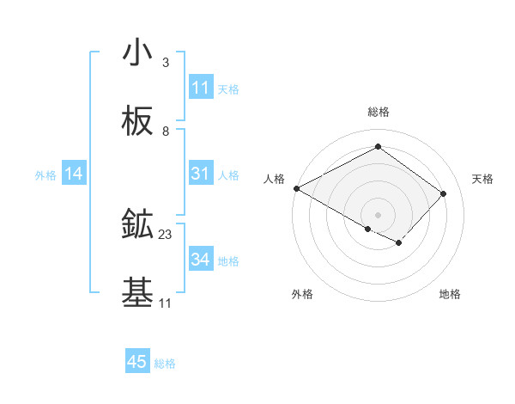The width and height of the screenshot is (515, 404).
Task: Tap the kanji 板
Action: (137, 124)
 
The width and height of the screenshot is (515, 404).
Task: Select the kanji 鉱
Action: (137, 226)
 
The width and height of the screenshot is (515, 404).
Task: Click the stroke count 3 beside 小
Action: (166, 63)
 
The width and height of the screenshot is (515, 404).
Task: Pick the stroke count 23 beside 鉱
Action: (166, 235)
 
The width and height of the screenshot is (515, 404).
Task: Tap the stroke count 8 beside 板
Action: (166, 132)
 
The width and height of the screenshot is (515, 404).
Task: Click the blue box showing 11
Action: (200, 88)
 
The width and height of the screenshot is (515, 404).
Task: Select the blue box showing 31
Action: (200, 174)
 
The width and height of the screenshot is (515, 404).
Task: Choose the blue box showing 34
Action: (200, 260)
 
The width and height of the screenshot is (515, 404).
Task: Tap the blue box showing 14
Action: (74, 174)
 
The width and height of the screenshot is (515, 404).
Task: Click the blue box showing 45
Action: (137, 362)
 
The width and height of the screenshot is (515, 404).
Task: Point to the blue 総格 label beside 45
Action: (165, 364)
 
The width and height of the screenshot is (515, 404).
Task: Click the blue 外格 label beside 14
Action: (45, 175)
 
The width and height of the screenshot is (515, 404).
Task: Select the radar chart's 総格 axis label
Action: (378, 112)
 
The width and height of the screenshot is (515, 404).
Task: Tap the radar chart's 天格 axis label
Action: (483, 179)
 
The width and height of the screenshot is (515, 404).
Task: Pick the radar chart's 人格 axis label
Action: (274, 179)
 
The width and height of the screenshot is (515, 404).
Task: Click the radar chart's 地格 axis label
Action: (450, 294)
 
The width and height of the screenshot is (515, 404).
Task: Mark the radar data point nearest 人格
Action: (296, 188)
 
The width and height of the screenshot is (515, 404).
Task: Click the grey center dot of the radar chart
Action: (378, 214)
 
